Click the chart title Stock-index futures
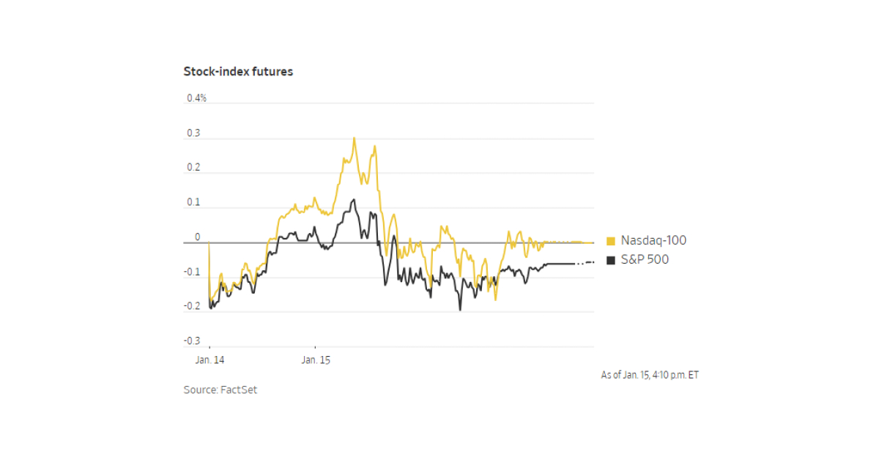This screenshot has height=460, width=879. [238, 72]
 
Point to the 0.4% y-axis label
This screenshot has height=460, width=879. [196, 98]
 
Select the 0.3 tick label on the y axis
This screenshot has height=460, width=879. [193, 133]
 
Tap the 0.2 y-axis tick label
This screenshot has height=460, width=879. [193, 168]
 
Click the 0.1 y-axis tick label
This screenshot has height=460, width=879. [193, 203]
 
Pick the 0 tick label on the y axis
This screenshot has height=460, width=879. [197, 237]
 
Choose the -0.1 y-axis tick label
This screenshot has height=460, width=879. [191, 272]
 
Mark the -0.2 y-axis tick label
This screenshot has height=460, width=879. [191, 307]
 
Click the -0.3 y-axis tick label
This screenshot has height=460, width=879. [191, 341]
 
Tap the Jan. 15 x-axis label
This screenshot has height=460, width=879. [316, 360]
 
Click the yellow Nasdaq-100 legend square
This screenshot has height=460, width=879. [611, 241]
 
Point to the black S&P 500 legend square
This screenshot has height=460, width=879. [611, 260]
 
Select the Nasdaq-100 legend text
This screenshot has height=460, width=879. [653, 240]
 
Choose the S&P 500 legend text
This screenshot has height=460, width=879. [645, 259]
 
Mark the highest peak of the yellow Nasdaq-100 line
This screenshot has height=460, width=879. [355, 138]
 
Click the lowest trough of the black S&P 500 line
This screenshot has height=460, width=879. [460, 310]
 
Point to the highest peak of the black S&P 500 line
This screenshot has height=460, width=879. [354, 199]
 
